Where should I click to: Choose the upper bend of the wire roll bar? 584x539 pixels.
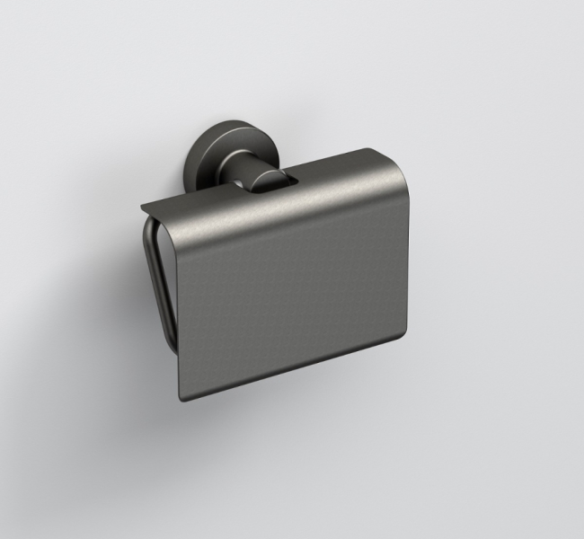point(152,229)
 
